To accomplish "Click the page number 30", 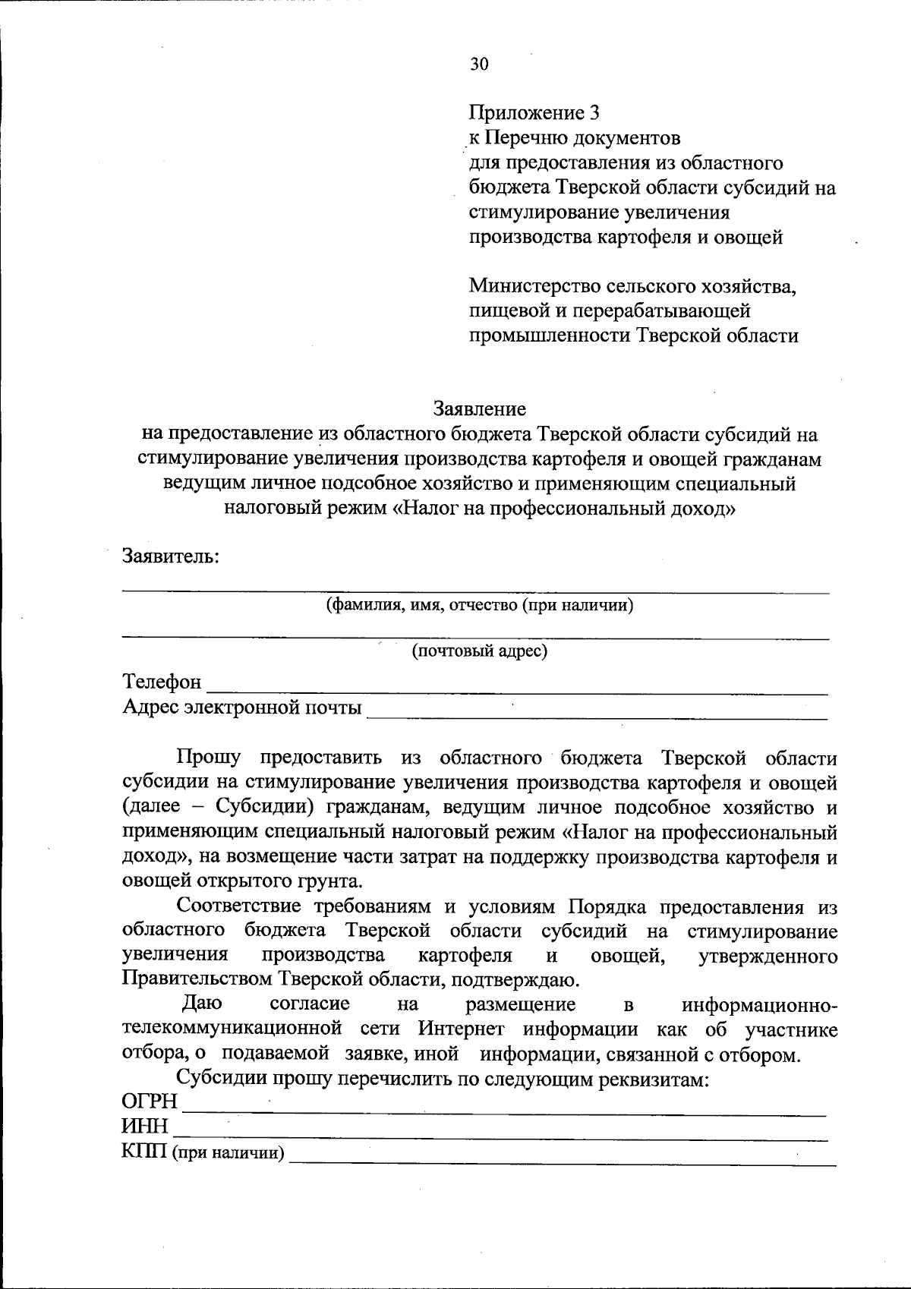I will coord(479,64).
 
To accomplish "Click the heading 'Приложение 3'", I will coord(534,113).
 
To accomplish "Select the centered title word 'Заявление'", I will coord(480,409).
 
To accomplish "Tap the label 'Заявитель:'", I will coord(172,556).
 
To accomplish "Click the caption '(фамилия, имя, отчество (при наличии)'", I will coord(480,605).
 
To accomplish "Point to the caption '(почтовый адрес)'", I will coord(479,651).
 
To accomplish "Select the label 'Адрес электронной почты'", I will coord(241,708).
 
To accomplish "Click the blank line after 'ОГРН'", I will coord(505,1108).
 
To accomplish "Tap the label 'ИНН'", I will coord(145,1126).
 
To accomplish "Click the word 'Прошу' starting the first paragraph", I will coord(209,758).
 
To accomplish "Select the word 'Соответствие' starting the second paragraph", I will coord(239,906).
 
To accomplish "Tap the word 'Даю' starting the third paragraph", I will coord(202,1004).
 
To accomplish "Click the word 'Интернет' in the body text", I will coord(460,1030).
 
